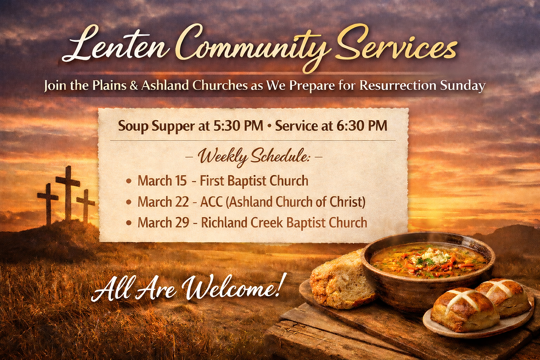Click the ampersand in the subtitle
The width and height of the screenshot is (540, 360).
click(x=134, y=86)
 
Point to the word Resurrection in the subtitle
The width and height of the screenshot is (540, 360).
click(x=398, y=86)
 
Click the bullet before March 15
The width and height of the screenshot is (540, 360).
click(x=129, y=181)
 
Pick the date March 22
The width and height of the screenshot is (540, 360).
click(x=163, y=202)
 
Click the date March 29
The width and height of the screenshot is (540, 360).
click(x=163, y=222)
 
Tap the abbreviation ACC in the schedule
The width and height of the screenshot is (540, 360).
click(x=211, y=202)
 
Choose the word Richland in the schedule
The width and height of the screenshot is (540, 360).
click(x=224, y=222)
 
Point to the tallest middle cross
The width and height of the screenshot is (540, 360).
click(x=68, y=193)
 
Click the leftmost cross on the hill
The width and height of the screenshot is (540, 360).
click(x=48, y=204)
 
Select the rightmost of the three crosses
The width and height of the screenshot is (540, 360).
click(x=86, y=206)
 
